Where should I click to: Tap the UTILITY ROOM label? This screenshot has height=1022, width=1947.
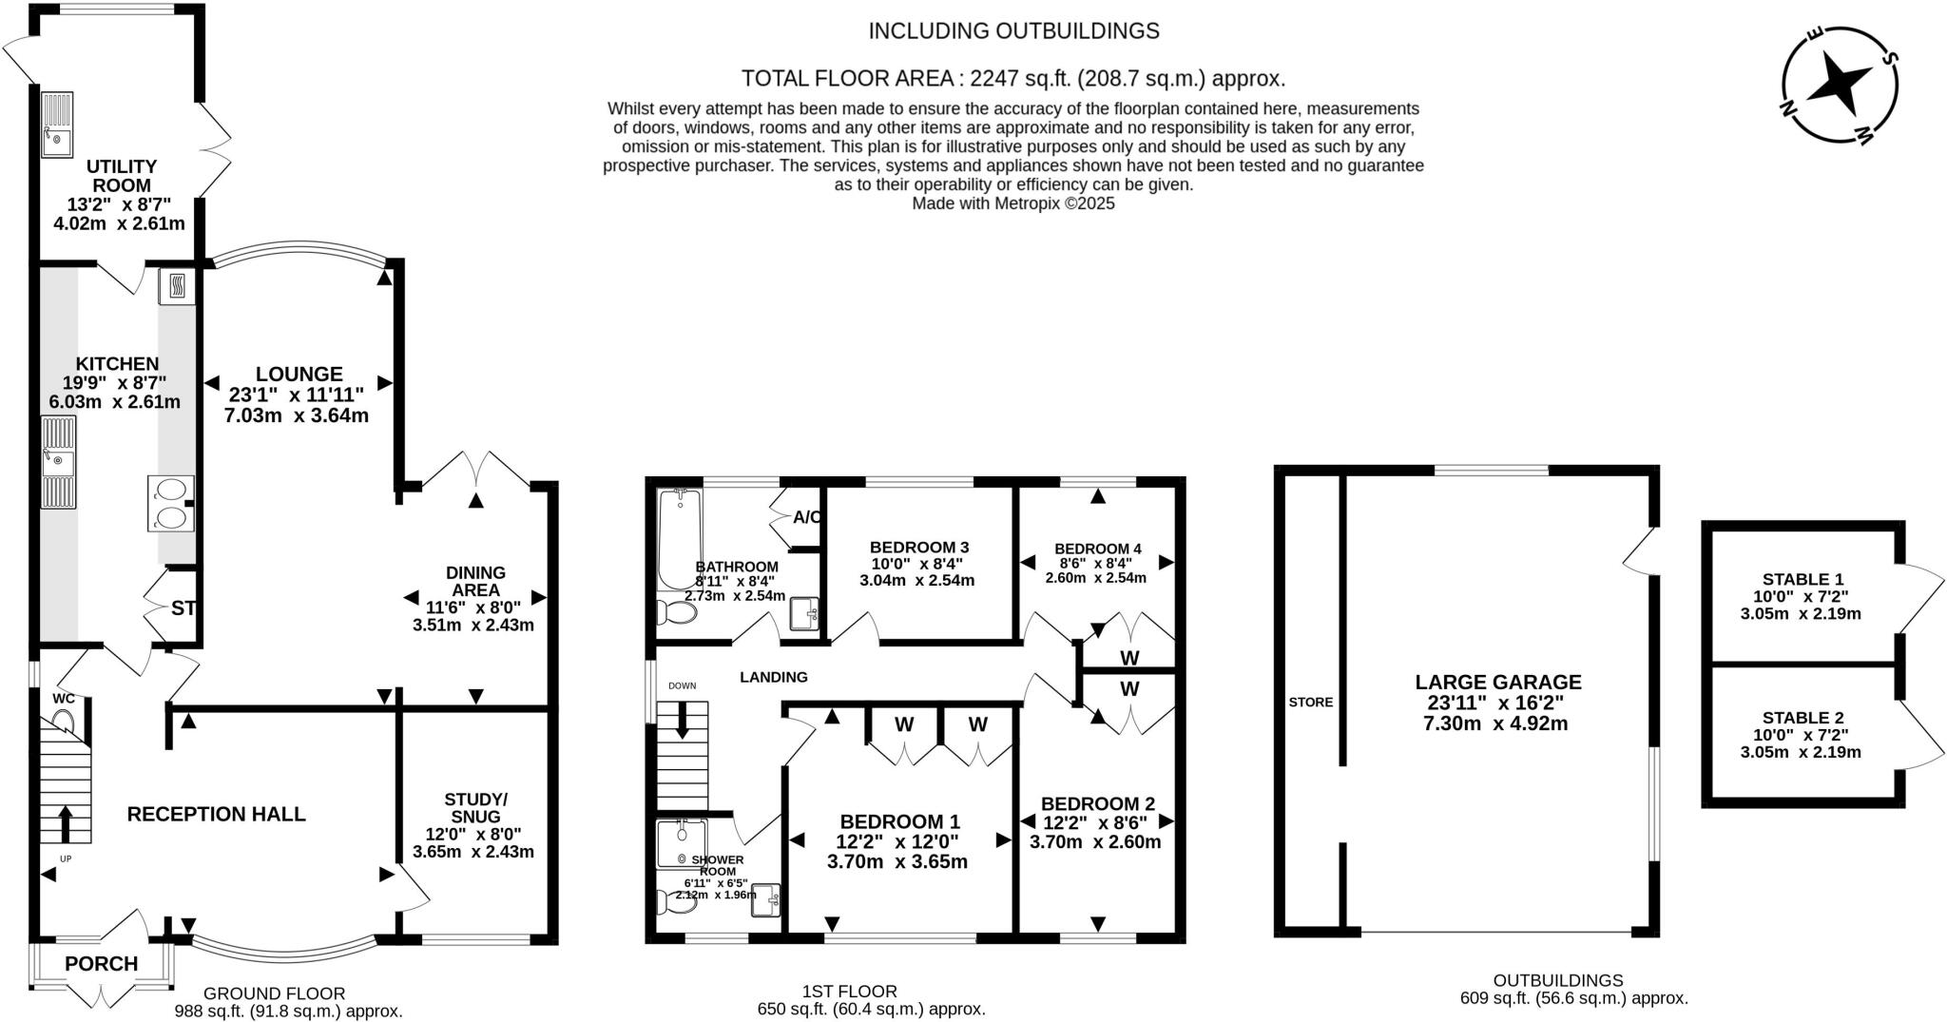122,176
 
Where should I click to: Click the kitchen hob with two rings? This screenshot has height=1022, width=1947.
171,503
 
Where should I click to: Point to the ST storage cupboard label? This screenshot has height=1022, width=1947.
183,608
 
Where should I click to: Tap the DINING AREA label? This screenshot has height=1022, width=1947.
475,581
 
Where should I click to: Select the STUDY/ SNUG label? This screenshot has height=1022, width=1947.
475,807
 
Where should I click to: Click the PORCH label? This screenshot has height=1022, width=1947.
101,964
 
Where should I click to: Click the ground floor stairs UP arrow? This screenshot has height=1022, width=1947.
66,823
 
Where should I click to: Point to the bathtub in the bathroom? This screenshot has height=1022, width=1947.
679,539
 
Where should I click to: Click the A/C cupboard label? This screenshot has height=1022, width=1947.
807,518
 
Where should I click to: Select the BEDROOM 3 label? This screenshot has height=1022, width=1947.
918,548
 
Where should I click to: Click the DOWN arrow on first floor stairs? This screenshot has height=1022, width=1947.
683,720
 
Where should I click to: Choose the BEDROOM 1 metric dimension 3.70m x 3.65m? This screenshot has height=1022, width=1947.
897,862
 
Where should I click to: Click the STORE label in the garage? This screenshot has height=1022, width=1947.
1310,703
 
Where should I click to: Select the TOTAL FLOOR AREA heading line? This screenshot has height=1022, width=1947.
1012,78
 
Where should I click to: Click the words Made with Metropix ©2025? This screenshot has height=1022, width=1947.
1012,203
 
